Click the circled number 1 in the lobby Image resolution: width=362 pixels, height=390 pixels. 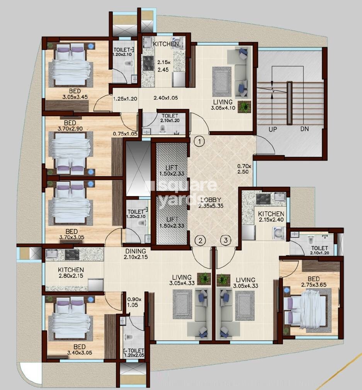(x=199, y=142)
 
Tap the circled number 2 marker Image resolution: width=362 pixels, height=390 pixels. (x=200, y=241)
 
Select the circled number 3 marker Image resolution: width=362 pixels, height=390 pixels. (x=226, y=241)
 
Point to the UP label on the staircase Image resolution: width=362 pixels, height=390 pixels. (x=273, y=129)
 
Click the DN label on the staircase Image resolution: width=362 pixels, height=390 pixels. (x=304, y=129)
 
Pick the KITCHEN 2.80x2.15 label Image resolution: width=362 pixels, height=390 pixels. (x=71, y=273)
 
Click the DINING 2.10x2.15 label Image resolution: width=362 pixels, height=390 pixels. (x=135, y=254)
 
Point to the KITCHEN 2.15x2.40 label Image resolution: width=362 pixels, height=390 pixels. (x=271, y=217)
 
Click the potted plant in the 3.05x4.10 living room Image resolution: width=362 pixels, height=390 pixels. (x=244, y=107)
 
